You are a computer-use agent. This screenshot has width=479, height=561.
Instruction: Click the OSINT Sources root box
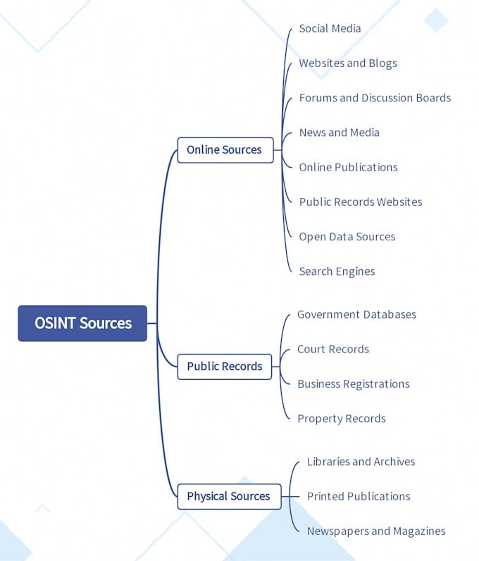tap(82, 323)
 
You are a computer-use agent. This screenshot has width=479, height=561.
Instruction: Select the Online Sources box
tap(225, 150)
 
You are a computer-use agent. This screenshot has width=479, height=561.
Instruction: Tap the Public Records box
tap(224, 366)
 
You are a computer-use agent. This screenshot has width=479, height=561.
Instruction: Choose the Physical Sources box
tap(228, 496)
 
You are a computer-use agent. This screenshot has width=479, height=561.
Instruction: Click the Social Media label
tap(330, 29)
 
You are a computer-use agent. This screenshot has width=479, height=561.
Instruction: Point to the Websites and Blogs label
tap(348, 63)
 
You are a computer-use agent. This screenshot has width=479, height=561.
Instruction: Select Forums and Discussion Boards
tap(375, 98)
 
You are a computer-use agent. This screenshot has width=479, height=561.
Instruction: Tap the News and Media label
tap(339, 132)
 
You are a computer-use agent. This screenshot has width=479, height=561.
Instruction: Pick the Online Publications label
tap(348, 167)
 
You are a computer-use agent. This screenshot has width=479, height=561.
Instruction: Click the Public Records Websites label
tap(361, 202)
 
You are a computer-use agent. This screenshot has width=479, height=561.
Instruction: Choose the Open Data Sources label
tap(347, 237)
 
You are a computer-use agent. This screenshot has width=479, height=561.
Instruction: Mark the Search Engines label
tap(337, 271)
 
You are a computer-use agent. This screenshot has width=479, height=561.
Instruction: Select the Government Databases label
tap(356, 314)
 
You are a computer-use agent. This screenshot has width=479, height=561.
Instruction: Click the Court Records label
tap(332, 350)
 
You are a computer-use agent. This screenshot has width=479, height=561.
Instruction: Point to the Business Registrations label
tap(353, 384)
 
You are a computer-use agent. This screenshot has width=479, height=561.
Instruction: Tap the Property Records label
tap(341, 419)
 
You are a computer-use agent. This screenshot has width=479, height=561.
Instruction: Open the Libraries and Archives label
tap(361, 462)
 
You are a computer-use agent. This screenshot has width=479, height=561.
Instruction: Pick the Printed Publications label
tap(358, 496)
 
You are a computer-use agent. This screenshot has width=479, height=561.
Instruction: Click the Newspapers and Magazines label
tap(376, 531)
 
